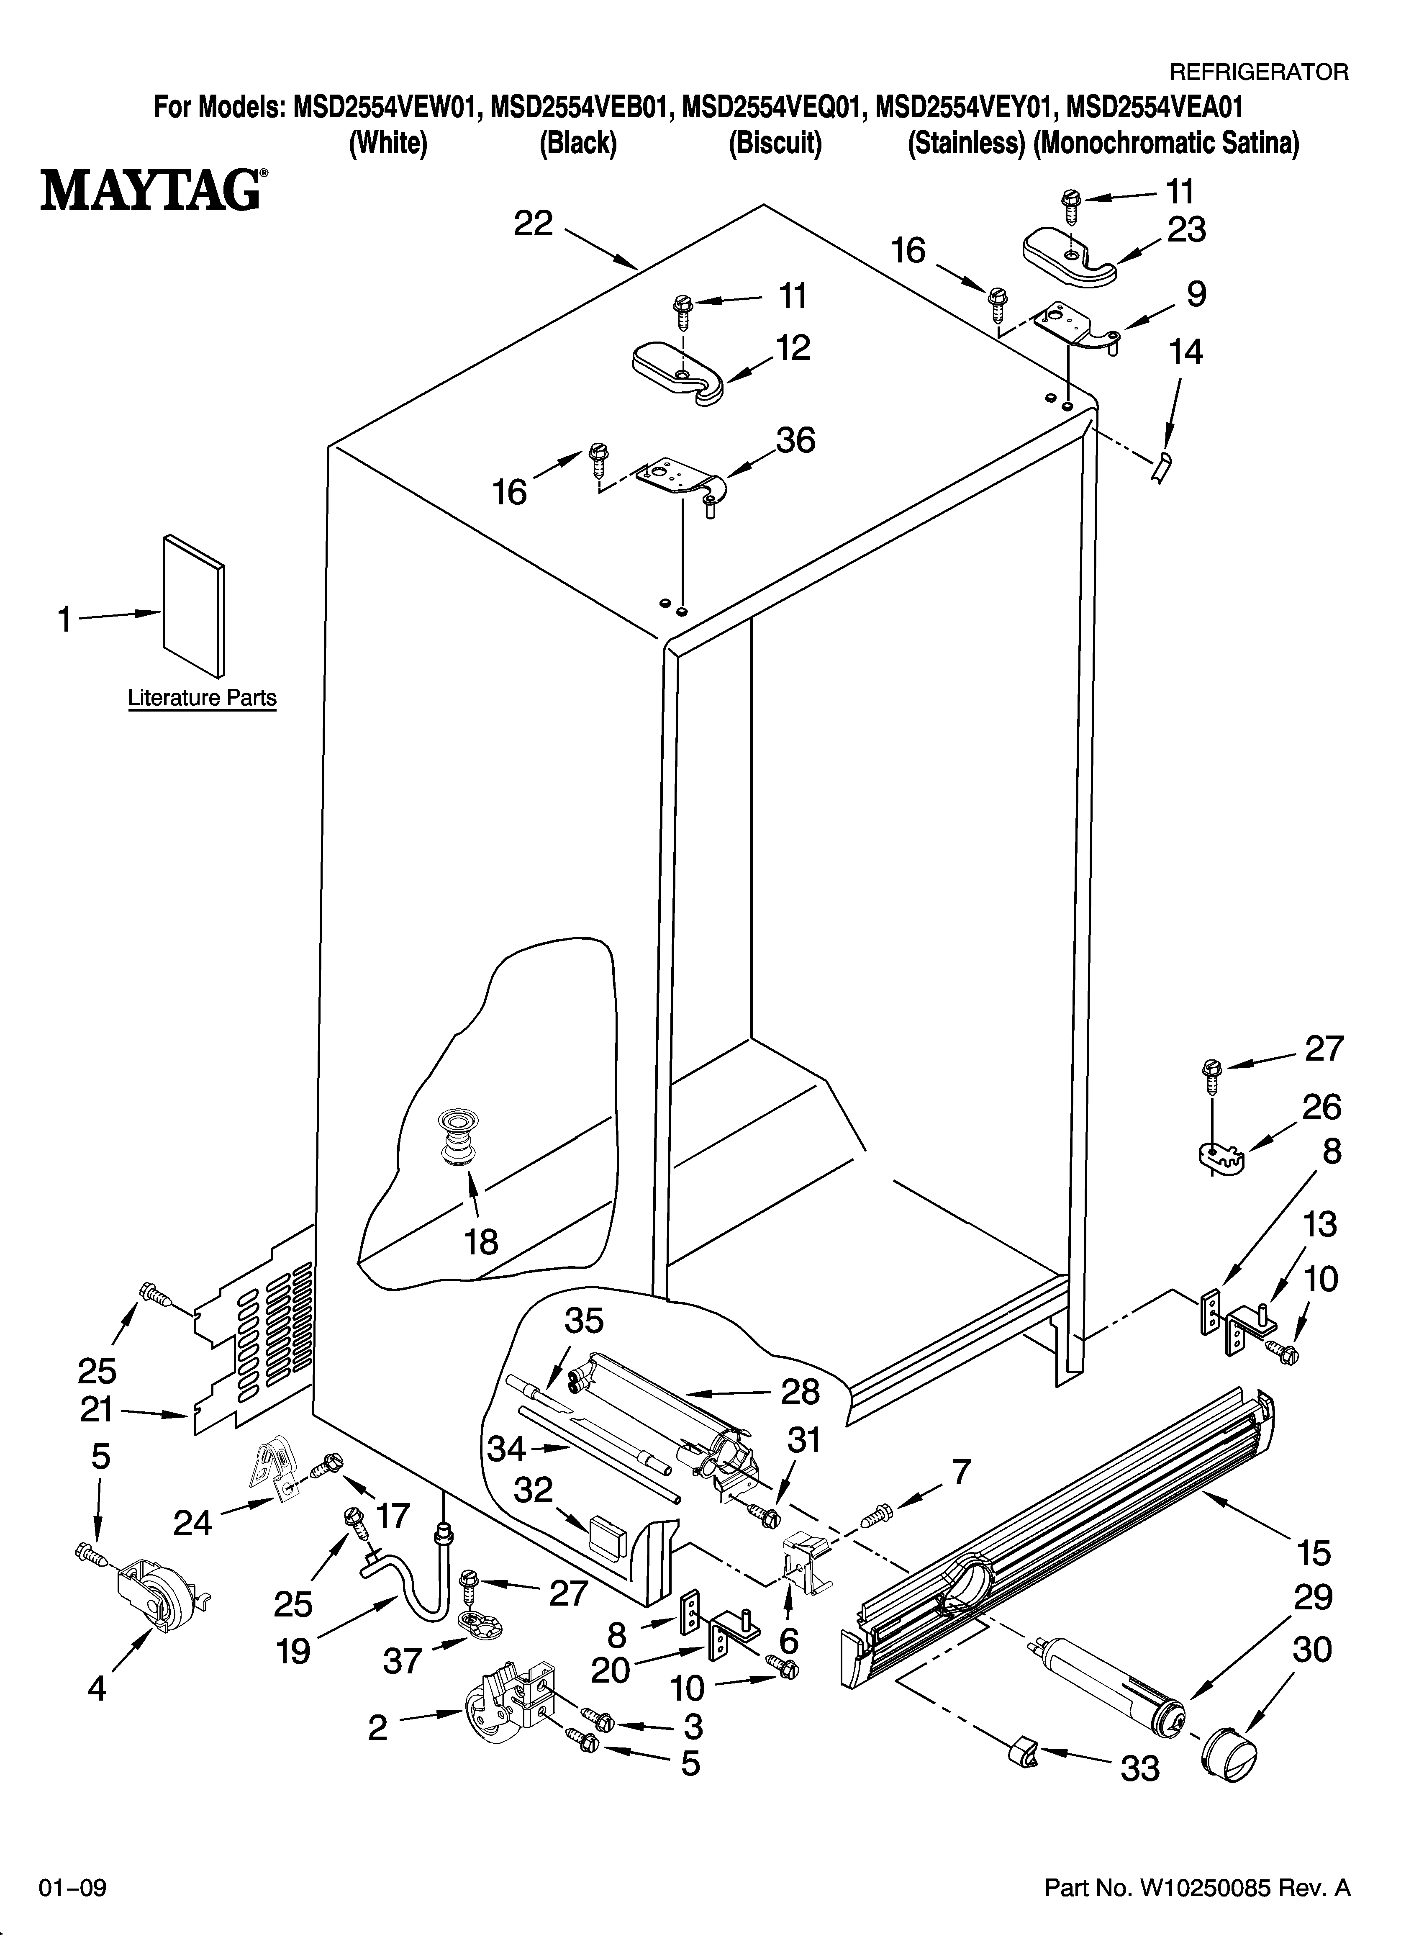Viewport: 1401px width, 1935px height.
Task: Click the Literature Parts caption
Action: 202,698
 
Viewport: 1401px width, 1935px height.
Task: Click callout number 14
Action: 1185,352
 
